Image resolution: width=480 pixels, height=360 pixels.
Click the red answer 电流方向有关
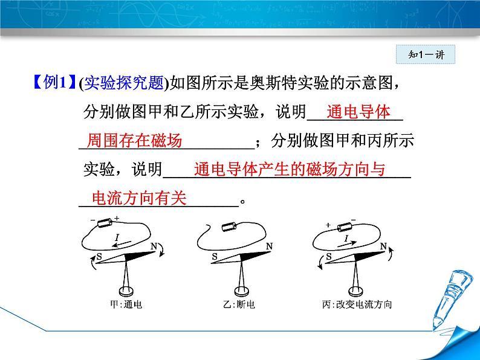click(x=138, y=198)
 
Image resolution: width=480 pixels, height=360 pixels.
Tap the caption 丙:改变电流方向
click(x=357, y=304)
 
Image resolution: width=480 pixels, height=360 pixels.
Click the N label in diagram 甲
click(x=154, y=246)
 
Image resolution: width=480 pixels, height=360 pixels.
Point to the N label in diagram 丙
click(x=384, y=246)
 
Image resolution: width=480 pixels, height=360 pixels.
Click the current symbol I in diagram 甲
click(x=116, y=239)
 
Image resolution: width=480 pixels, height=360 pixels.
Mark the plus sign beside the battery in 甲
click(x=116, y=218)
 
